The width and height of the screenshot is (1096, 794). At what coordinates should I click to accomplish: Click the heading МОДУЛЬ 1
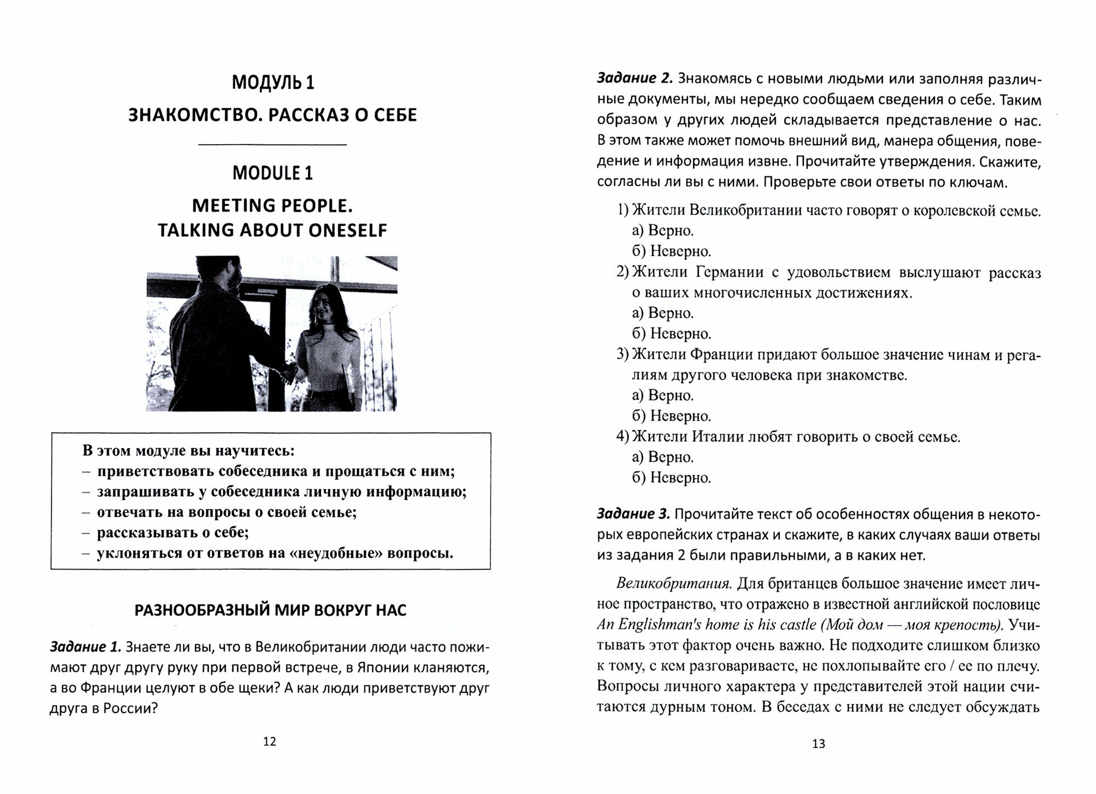coord(272,82)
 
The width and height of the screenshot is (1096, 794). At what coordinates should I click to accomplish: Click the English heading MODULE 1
coord(272,173)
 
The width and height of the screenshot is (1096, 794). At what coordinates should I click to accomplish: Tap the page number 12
coord(270,741)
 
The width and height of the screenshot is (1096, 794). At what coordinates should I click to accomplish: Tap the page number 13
coord(818,744)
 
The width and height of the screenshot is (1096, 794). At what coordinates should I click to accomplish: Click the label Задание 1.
coord(85,647)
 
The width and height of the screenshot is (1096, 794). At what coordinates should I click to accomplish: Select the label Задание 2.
coord(634,78)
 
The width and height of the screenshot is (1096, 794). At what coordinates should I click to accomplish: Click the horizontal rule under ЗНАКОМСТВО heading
coord(272,145)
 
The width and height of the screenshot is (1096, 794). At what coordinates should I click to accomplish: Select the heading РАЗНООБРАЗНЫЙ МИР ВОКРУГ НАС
coord(270,610)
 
